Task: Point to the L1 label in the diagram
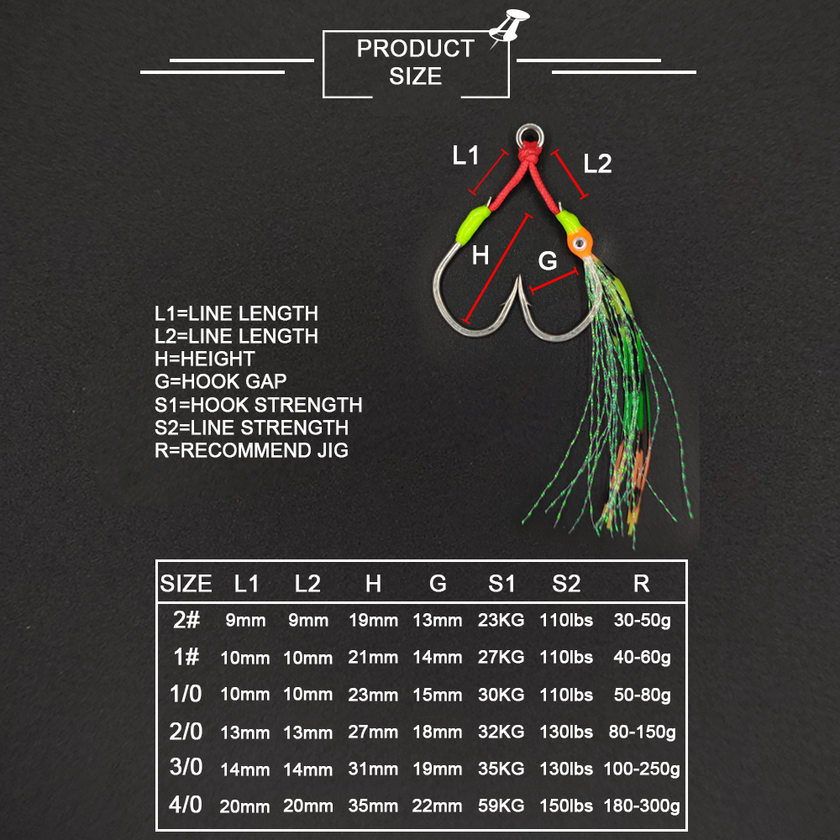(x=465, y=155)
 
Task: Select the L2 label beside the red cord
(x=597, y=164)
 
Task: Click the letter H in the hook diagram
(x=480, y=255)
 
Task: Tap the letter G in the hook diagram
(x=548, y=261)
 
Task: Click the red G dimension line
(x=554, y=281)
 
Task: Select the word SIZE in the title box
(x=416, y=76)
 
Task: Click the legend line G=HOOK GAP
(x=221, y=381)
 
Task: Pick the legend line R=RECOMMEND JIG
(x=252, y=450)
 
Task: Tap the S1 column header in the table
(x=501, y=584)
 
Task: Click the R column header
(x=641, y=584)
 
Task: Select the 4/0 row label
(x=186, y=805)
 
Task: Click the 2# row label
(x=186, y=620)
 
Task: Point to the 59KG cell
(x=501, y=806)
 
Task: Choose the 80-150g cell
(x=642, y=732)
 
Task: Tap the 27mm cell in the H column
(x=373, y=732)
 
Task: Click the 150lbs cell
(x=566, y=806)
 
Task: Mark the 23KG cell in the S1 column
(x=501, y=620)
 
